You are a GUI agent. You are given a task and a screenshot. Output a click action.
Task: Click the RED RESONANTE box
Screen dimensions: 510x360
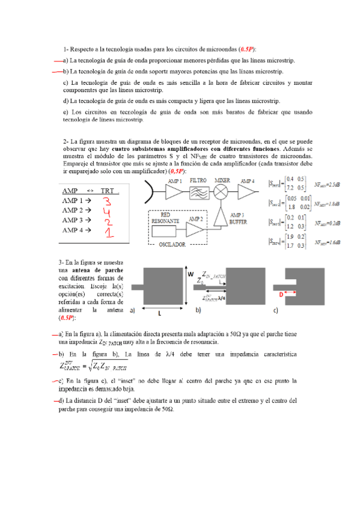[x=166, y=218]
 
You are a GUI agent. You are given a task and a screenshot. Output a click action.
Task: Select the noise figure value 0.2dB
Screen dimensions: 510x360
[x=328, y=223]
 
